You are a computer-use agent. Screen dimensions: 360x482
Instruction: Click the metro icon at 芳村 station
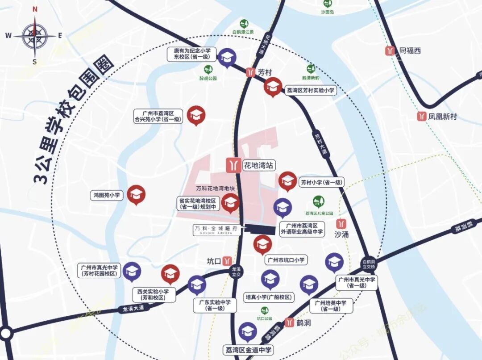point(251,72)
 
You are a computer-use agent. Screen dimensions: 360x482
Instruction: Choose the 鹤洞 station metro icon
point(290,322)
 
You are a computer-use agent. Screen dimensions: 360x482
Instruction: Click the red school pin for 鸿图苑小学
point(136,194)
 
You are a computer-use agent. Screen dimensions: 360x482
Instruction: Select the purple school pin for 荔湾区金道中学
point(247,331)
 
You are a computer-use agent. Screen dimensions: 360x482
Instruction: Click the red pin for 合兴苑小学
point(195,116)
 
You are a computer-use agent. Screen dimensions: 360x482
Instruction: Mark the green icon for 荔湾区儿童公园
point(319,201)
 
